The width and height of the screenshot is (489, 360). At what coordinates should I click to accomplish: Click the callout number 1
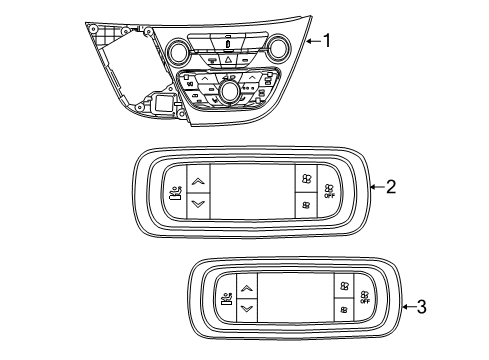pyautogui.click(x=328, y=41)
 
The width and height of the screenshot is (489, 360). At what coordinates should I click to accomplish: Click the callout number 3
pyautogui.click(x=421, y=307)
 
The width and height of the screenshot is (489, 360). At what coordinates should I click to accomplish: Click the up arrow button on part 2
pyautogui.click(x=197, y=180)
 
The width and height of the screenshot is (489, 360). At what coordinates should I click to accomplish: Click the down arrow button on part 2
pyautogui.click(x=197, y=204)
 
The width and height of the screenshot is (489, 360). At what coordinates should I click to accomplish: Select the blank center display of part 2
pyautogui.click(x=251, y=193)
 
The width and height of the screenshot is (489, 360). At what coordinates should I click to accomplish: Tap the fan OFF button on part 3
pyautogui.click(x=365, y=296)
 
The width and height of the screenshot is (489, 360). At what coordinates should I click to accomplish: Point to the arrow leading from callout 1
pyautogui.click(x=312, y=41)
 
